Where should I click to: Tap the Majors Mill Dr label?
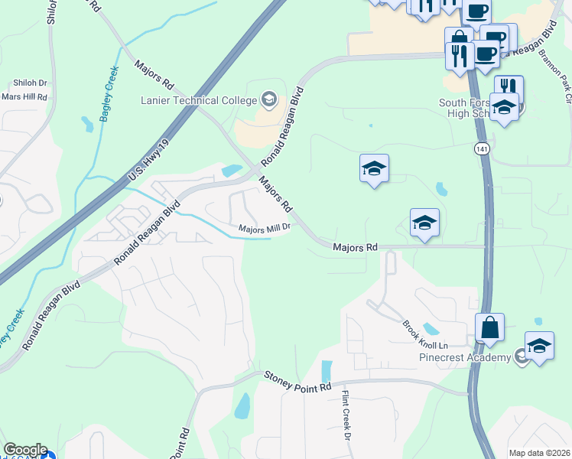[x=265, y=227]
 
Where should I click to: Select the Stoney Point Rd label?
[x=297, y=381]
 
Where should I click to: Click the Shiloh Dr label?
[x=30, y=83]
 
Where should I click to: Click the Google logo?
[x=24, y=450]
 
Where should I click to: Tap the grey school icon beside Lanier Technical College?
[x=268, y=99]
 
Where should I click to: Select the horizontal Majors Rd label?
[x=356, y=247]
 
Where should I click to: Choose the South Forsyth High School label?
[x=468, y=109]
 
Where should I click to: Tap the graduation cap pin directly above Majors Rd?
[x=424, y=223]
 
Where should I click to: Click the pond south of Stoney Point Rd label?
[x=242, y=405]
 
